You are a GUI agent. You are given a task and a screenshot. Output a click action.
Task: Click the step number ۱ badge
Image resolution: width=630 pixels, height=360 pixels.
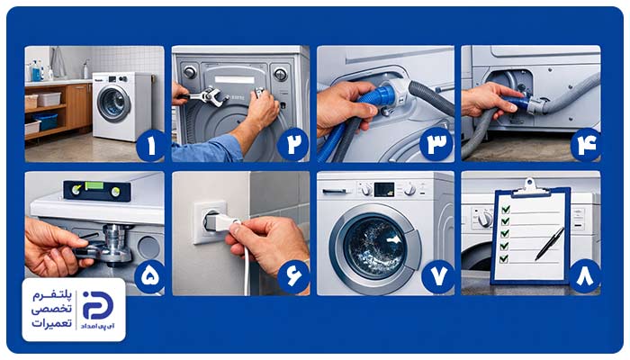(151, 146)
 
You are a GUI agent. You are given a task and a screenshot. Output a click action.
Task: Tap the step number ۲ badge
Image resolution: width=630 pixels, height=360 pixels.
(293, 146)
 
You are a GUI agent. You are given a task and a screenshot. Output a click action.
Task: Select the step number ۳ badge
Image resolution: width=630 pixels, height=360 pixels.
(436, 145)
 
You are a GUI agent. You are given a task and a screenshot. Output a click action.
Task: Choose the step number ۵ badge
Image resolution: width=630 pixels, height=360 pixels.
(150, 276)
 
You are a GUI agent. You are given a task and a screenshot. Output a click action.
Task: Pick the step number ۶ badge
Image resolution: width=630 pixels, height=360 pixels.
(293, 276)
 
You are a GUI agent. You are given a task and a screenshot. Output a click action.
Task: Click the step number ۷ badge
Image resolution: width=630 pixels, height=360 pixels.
(438, 276)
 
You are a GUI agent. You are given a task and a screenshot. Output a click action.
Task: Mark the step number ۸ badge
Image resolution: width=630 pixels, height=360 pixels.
(585, 276)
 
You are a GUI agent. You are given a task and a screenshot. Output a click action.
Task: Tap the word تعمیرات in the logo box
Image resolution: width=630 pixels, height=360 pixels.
(52, 322)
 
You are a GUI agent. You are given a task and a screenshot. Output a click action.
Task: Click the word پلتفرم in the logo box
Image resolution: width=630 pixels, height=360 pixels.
(52, 296)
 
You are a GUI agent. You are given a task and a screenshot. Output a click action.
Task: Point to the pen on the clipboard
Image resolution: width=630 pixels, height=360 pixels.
(549, 244)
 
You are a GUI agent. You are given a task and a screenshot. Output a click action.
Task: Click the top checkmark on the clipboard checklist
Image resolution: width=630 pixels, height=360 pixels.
(506, 209)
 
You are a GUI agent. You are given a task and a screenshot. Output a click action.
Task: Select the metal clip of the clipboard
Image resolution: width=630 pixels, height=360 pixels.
(530, 187)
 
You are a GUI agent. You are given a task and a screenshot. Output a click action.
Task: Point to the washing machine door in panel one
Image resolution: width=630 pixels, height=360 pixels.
(113, 103)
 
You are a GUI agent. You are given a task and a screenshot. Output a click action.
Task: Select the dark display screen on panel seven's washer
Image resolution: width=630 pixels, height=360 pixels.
(384, 190)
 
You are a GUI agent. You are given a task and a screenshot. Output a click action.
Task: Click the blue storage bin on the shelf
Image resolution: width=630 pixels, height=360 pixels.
(45, 121)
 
